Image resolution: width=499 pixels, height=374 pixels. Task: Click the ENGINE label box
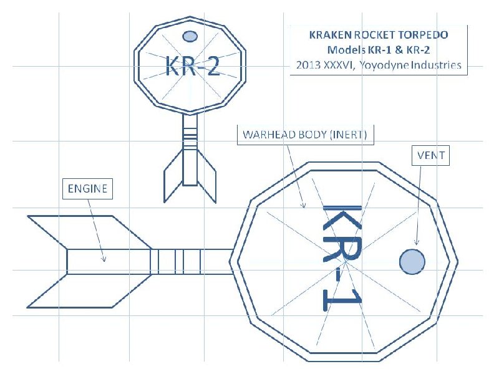tap(87, 189)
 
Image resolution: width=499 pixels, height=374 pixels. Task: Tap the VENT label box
tap(430, 155)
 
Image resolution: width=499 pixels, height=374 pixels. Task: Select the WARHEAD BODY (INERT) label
tap(305, 135)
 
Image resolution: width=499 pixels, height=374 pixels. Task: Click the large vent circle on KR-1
tap(412, 261)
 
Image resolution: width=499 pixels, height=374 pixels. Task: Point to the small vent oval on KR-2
tap(190, 36)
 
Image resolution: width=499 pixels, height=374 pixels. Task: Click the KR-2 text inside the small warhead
tap(193, 65)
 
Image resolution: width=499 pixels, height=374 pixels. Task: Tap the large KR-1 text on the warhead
tap(342, 257)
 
